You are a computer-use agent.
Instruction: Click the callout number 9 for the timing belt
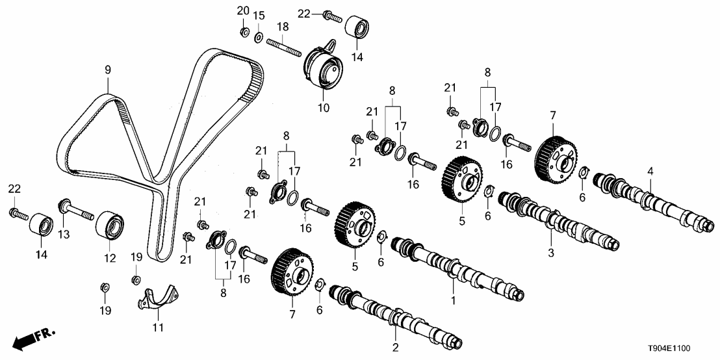click(108, 68)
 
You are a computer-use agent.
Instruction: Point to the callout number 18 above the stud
click(283, 26)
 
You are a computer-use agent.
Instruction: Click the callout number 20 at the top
click(242, 10)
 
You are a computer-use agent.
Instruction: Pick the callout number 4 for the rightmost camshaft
click(650, 172)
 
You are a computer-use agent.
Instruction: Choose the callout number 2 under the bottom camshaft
click(394, 348)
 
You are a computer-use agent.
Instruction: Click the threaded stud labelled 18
click(282, 46)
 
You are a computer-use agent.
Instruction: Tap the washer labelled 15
click(258, 35)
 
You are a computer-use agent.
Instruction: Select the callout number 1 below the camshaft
click(454, 300)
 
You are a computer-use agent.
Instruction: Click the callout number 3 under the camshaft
click(551, 251)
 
